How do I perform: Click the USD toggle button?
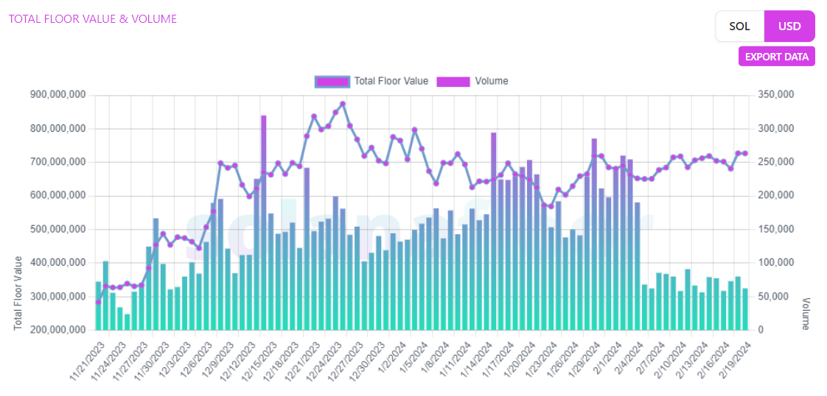789,26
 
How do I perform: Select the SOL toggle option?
739,26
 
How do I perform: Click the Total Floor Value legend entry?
371,81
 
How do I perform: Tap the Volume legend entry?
472,81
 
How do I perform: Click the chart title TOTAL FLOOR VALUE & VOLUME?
93,19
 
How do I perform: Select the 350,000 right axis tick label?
778,95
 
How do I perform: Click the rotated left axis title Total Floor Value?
18,293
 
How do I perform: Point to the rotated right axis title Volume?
806,314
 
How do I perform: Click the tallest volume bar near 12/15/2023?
263,221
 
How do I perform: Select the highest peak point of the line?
343,104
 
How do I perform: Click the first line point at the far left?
98,302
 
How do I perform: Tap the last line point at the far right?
745,153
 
